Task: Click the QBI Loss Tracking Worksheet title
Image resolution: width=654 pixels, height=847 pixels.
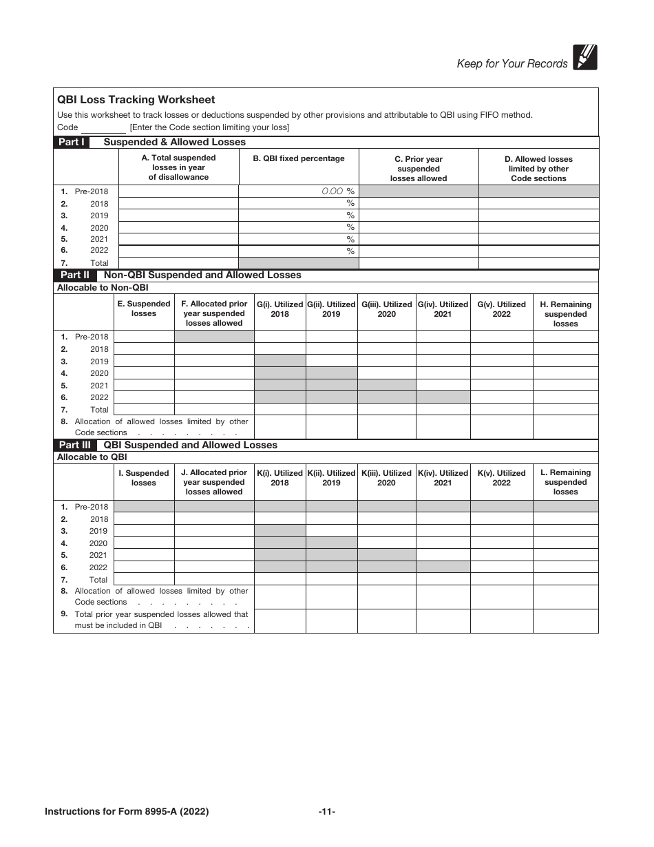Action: pyautogui.click(x=136, y=100)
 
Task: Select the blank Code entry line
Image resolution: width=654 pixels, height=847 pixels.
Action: pyautogui.click(x=103, y=128)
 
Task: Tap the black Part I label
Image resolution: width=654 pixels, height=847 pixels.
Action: pyautogui.click(x=72, y=143)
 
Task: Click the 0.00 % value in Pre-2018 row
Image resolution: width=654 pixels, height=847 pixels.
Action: pyautogui.click(x=337, y=191)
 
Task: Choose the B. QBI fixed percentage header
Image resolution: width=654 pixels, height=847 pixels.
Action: pyautogui.click(x=298, y=159)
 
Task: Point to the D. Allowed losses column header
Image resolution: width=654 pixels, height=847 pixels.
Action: pyautogui.click(x=538, y=169)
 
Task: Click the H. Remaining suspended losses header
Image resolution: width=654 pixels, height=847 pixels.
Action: pyautogui.click(x=565, y=314)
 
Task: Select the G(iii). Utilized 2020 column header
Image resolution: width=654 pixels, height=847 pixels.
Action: pyautogui.click(x=386, y=309)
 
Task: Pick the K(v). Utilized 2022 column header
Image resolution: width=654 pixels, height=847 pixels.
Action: pyautogui.click(x=501, y=478)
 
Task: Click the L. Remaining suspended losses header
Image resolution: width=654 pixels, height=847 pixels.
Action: pyautogui.click(x=565, y=482)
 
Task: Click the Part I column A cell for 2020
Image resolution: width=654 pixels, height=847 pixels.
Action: pyautogui.click(x=178, y=227)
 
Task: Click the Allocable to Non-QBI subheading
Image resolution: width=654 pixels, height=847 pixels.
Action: pyautogui.click(x=103, y=288)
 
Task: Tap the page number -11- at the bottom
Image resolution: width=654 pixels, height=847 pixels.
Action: pyautogui.click(x=326, y=812)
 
